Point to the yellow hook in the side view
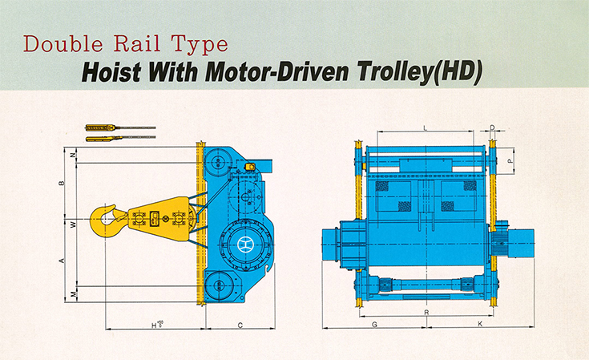(x=107, y=220)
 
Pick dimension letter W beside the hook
(x=73, y=224)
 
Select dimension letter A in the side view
(x=62, y=260)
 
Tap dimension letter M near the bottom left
(x=73, y=296)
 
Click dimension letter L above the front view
(x=425, y=128)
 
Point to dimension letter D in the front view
(x=492, y=128)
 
